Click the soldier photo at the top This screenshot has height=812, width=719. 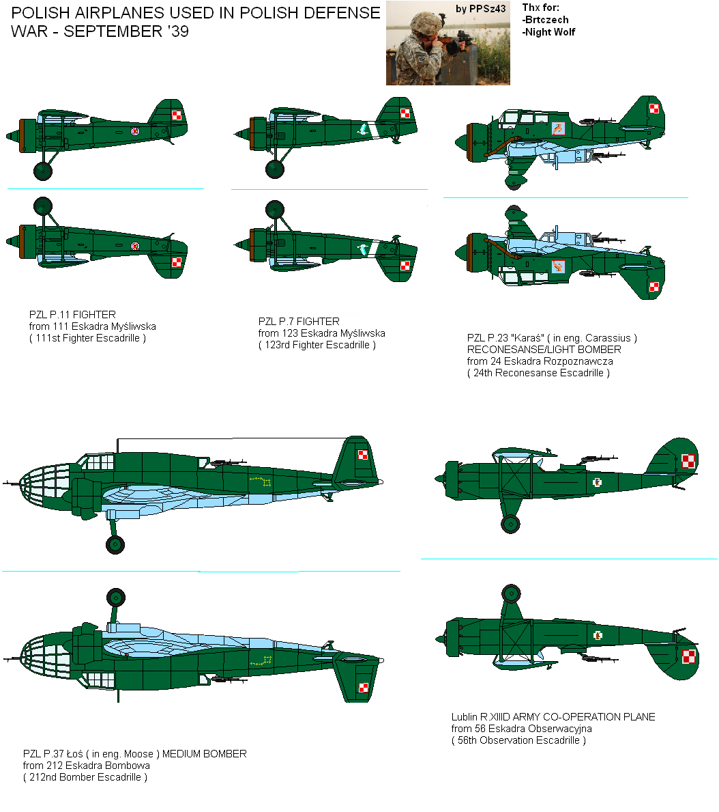447,43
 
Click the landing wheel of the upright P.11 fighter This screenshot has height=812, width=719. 43,171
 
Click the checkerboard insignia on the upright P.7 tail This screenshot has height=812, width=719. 406,114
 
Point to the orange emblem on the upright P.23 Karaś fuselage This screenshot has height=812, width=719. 558,127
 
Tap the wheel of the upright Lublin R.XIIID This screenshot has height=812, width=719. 510,524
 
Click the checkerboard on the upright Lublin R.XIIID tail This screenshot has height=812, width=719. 689,462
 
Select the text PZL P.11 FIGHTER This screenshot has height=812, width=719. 72,315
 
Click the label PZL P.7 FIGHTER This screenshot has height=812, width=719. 299,322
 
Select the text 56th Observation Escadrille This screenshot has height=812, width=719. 518,740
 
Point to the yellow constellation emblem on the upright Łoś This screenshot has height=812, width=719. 261,482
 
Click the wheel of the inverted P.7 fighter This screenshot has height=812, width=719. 274,208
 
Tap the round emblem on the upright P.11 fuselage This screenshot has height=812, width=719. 135,131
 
